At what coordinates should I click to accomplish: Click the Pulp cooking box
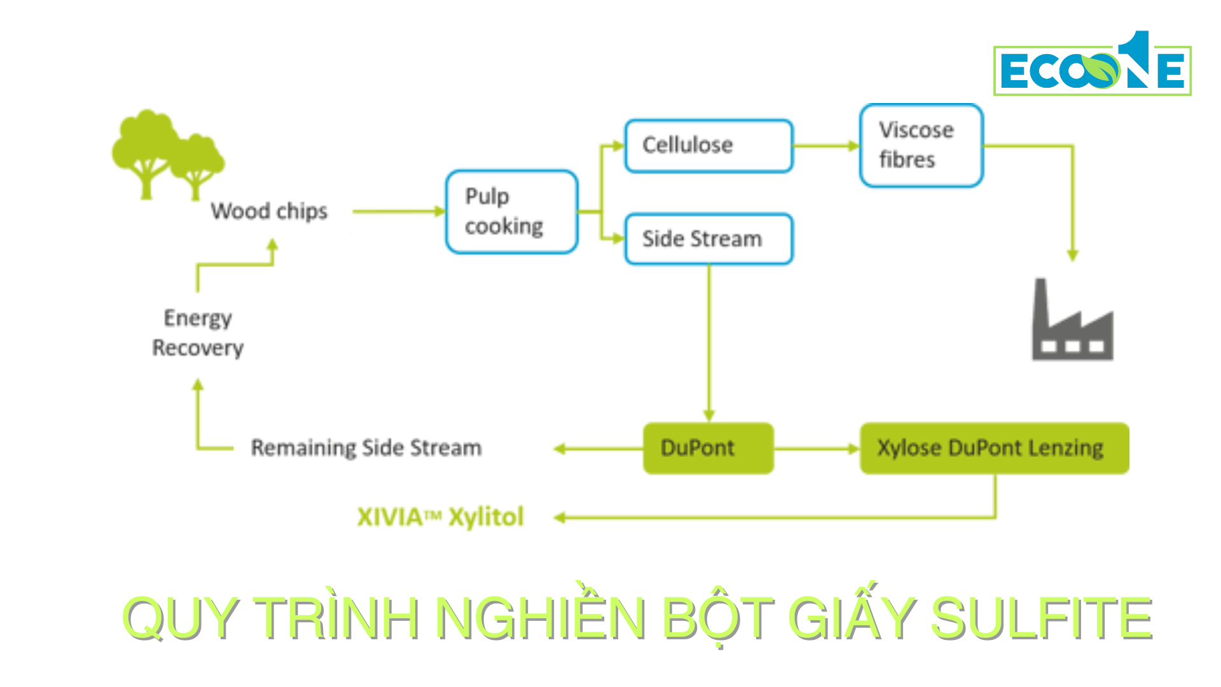click(512, 212)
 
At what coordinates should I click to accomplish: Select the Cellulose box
click(708, 146)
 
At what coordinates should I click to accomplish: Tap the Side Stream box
click(708, 239)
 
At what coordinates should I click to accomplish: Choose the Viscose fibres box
click(921, 146)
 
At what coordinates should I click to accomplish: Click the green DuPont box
click(708, 448)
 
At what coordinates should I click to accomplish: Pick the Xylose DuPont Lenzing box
click(994, 448)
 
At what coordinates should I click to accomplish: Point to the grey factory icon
click(1072, 324)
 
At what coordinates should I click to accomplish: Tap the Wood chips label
click(269, 211)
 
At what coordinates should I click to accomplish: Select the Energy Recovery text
click(198, 333)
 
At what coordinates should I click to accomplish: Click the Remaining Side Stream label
click(366, 448)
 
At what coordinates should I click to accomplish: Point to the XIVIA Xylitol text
click(440, 517)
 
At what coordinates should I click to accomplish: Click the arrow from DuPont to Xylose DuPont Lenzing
click(817, 449)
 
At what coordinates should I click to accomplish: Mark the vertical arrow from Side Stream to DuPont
click(709, 343)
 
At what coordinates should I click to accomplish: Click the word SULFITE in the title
click(1041, 618)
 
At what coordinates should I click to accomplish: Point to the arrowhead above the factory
click(1072, 255)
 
